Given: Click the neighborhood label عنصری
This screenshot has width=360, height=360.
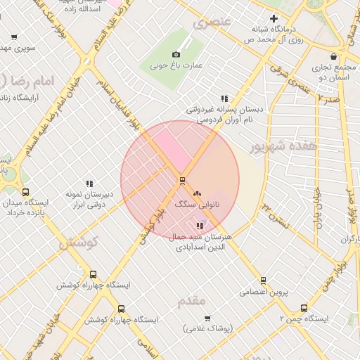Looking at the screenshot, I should pos(212,22).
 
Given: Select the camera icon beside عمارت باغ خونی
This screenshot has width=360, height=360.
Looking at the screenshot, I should pos(176,54).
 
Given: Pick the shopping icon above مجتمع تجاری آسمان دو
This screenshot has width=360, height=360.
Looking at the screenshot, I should pos(333,57).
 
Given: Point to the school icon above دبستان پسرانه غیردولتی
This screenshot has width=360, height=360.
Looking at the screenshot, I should pos(224,99).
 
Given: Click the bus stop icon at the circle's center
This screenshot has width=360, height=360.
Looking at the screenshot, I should pos(182,181).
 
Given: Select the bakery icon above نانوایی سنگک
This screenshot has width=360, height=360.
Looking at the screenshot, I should pos(196,191).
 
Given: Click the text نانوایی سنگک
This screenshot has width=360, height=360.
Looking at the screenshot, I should pos(196,203).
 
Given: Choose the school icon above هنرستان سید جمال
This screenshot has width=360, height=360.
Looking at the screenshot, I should pos(200,226).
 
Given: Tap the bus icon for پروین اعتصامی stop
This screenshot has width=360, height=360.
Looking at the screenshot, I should pos(262,280).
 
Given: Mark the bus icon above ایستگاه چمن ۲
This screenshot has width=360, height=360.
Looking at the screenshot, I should pos(304,308).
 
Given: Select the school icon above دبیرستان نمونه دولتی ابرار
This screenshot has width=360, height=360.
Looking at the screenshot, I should pos(89,184).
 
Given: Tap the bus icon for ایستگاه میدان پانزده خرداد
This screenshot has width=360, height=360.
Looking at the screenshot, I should pos(26,192).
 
